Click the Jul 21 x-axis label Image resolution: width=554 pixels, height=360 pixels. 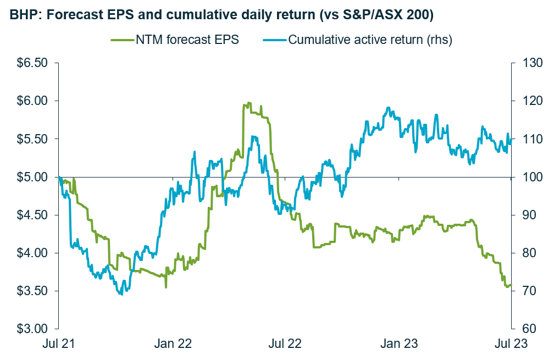(x=58, y=344)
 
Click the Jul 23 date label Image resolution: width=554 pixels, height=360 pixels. (x=511, y=344)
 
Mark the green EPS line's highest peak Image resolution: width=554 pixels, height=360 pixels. (x=248, y=103)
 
